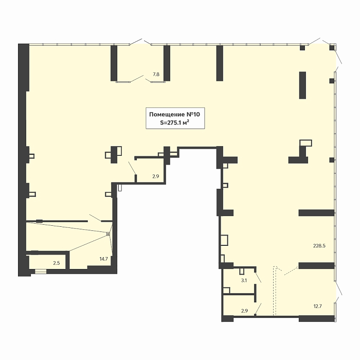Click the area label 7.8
[x=156, y=75]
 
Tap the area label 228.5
[x=319, y=246]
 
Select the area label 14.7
[x=103, y=259]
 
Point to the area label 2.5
[x=57, y=263]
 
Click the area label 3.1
[x=244, y=280]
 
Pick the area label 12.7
[x=317, y=306]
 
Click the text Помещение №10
[x=174, y=114]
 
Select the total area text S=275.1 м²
[x=174, y=122]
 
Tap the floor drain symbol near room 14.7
[x=108, y=234]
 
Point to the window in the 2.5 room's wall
[x=41, y=272]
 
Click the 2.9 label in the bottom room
[x=244, y=311]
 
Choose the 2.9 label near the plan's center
[x=156, y=176]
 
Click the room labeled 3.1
[x=239, y=281]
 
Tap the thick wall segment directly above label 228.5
[x=316, y=213]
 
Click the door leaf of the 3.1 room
[x=258, y=278]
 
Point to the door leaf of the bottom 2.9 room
[x=258, y=309]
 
